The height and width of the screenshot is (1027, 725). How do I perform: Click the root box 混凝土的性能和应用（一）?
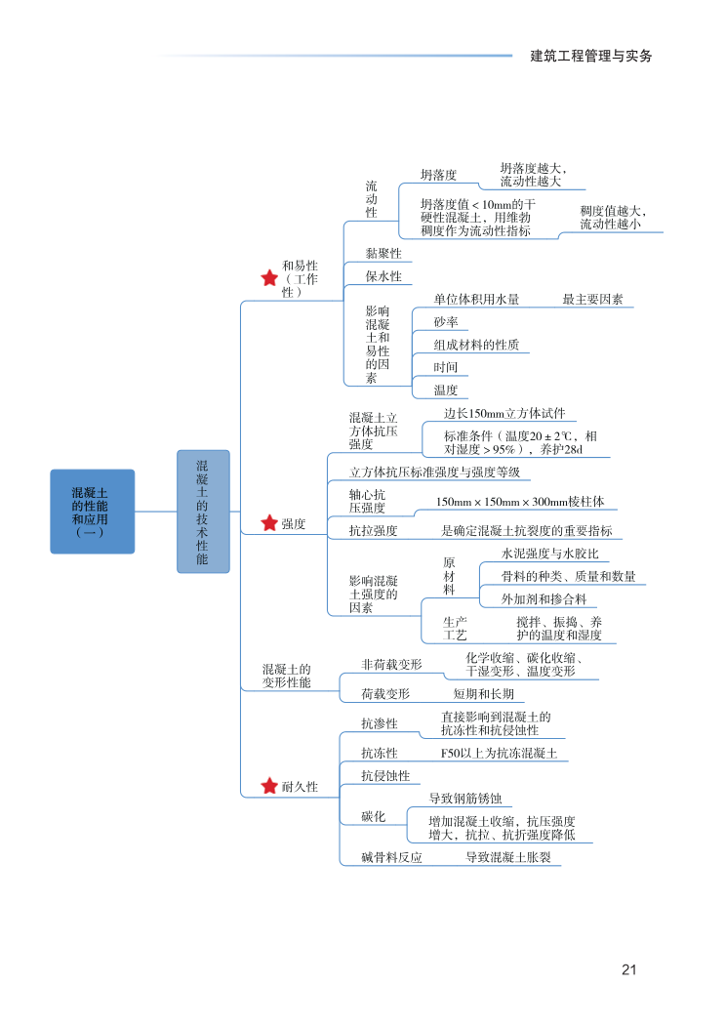tap(92, 512)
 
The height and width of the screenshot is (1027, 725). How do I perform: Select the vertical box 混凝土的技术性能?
tap(203, 512)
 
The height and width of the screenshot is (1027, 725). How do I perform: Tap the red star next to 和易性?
tap(269, 278)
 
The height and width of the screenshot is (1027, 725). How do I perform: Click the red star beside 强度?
tap(269, 524)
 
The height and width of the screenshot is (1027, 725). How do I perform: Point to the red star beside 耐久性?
tap(269, 786)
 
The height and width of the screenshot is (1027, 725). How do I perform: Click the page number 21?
tap(628, 969)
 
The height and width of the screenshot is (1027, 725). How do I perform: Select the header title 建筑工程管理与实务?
tap(590, 56)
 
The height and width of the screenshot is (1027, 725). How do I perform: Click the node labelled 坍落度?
tap(438, 175)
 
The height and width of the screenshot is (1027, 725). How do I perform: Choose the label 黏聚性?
tap(383, 253)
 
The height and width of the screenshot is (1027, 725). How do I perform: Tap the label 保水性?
tap(383, 276)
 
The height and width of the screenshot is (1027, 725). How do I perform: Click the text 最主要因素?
tap(592, 300)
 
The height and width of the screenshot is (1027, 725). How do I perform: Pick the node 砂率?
tap(446, 322)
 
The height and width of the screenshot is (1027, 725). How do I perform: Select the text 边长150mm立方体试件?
tap(503, 414)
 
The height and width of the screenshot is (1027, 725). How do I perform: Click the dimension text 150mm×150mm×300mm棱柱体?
tap(519, 502)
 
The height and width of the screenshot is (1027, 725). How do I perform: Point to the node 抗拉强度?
tap(373, 530)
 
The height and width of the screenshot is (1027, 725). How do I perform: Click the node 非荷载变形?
tap(391, 664)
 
